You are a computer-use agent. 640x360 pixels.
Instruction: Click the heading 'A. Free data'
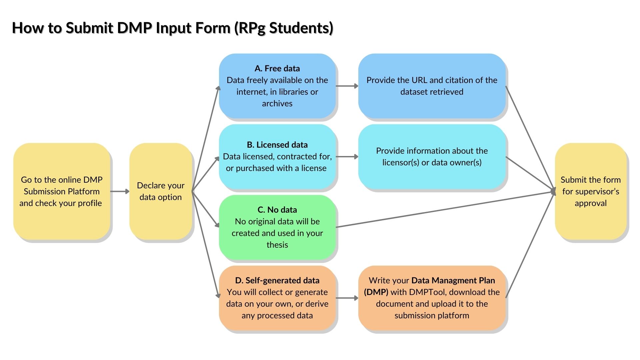pos(277,68)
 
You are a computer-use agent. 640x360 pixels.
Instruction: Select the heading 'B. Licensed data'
pos(277,145)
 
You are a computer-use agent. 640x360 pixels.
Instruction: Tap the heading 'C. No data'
pos(277,210)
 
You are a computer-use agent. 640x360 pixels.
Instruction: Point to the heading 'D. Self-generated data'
pos(277,280)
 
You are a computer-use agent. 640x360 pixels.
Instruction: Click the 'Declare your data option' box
pos(161,191)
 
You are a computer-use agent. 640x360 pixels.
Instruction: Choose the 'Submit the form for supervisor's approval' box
pos(590,191)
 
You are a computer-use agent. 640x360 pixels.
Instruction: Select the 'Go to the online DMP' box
pos(62,191)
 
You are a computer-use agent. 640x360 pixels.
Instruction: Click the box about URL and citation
pos(432,86)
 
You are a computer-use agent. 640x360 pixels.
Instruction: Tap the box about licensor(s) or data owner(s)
pos(432,157)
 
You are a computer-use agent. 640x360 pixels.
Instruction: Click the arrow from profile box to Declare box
pos(119,191)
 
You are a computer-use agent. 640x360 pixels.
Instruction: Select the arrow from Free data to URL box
pos(347,86)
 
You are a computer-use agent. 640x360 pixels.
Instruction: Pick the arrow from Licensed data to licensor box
pos(347,157)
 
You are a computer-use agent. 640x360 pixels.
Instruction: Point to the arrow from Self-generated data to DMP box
pos(347,298)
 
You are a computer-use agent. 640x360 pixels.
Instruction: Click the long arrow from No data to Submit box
pos(443,209)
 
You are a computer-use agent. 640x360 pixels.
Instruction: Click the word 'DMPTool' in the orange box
pos(427,292)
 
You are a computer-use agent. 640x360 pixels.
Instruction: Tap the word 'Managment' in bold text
pos(453,281)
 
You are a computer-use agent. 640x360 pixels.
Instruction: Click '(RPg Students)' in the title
pos(284,28)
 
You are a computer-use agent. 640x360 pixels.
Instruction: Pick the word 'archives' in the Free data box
pos(277,104)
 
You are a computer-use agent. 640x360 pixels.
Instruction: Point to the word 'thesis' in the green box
pos(277,245)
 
